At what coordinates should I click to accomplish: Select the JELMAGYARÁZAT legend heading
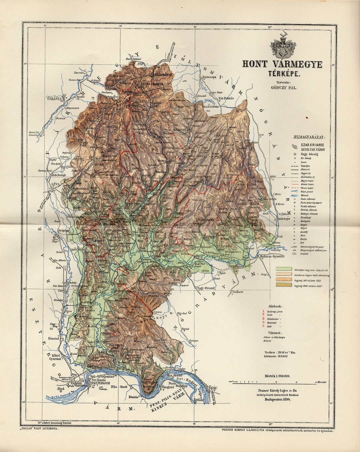(309, 137)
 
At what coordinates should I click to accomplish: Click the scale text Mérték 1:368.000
(275, 376)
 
